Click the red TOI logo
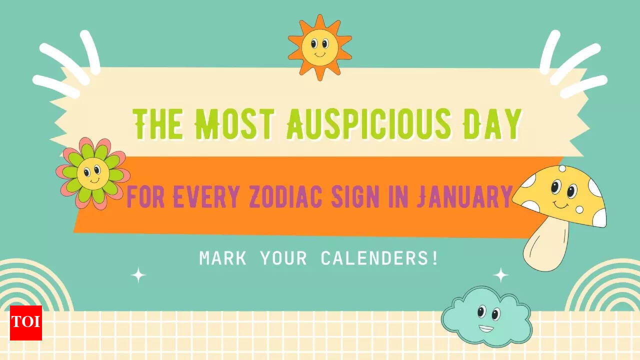point(26,323)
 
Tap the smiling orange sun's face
point(319,47)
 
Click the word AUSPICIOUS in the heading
point(369,124)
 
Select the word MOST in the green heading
point(234,124)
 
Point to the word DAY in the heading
point(492,124)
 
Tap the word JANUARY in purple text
point(464,196)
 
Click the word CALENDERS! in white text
point(379,258)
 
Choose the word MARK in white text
point(222,258)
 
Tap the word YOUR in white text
point(283,258)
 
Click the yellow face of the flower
point(93,173)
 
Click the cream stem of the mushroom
point(545,244)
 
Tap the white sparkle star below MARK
point(138,275)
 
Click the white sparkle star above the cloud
point(500,275)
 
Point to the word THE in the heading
point(157,124)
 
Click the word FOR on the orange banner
point(145,196)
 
